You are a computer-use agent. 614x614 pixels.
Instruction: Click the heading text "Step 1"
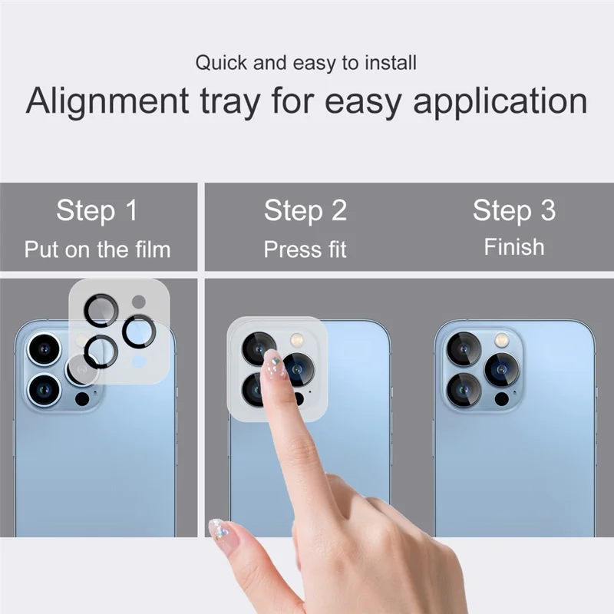[x=97, y=210]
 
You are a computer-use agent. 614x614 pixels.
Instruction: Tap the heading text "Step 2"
[x=305, y=210]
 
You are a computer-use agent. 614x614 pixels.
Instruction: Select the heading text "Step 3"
[x=513, y=210]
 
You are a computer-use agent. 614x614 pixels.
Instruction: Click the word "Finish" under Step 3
[x=513, y=247]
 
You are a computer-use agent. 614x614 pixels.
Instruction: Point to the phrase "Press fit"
[x=305, y=249]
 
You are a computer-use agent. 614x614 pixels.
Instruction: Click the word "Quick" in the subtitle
[x=220, y=62]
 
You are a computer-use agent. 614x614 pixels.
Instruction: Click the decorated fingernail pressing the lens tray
[x=272, y=364]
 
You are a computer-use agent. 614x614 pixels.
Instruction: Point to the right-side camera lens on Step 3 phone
[x=501, y=370]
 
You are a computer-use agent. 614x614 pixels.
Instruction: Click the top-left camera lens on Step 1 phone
[x=44, y=349]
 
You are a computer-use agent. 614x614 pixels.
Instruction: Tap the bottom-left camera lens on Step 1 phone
[x=44, y=387]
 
